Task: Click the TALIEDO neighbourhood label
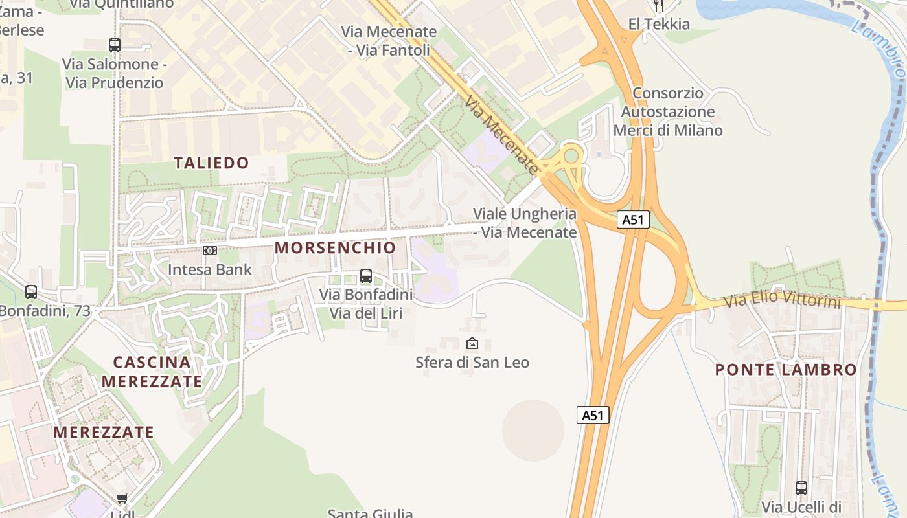(x=211, y=163)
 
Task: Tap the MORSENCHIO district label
(x=335, y=247)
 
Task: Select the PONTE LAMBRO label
(x=786, y=370)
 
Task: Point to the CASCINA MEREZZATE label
(x=152, y=372)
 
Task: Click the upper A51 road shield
(x=632, y=220)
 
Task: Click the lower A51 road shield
(x=593, y=415)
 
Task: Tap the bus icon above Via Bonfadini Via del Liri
(x=366, y=276)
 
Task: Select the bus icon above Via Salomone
(x=115, y=45)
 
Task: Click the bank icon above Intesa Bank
(x=209, y=251)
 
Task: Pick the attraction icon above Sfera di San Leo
(x=472, y=343)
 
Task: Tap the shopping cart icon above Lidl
(x=122, y=499)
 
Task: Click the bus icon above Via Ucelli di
(x=801, y=488)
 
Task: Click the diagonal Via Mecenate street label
(x=501, y=135)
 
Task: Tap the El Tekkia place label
(x=659, y=25)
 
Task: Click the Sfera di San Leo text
(x=472, y=363)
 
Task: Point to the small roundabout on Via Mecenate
(x=571, y=155)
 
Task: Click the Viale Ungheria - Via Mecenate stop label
(x=524, y=223)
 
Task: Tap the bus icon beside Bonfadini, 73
(x=31, y=292)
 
